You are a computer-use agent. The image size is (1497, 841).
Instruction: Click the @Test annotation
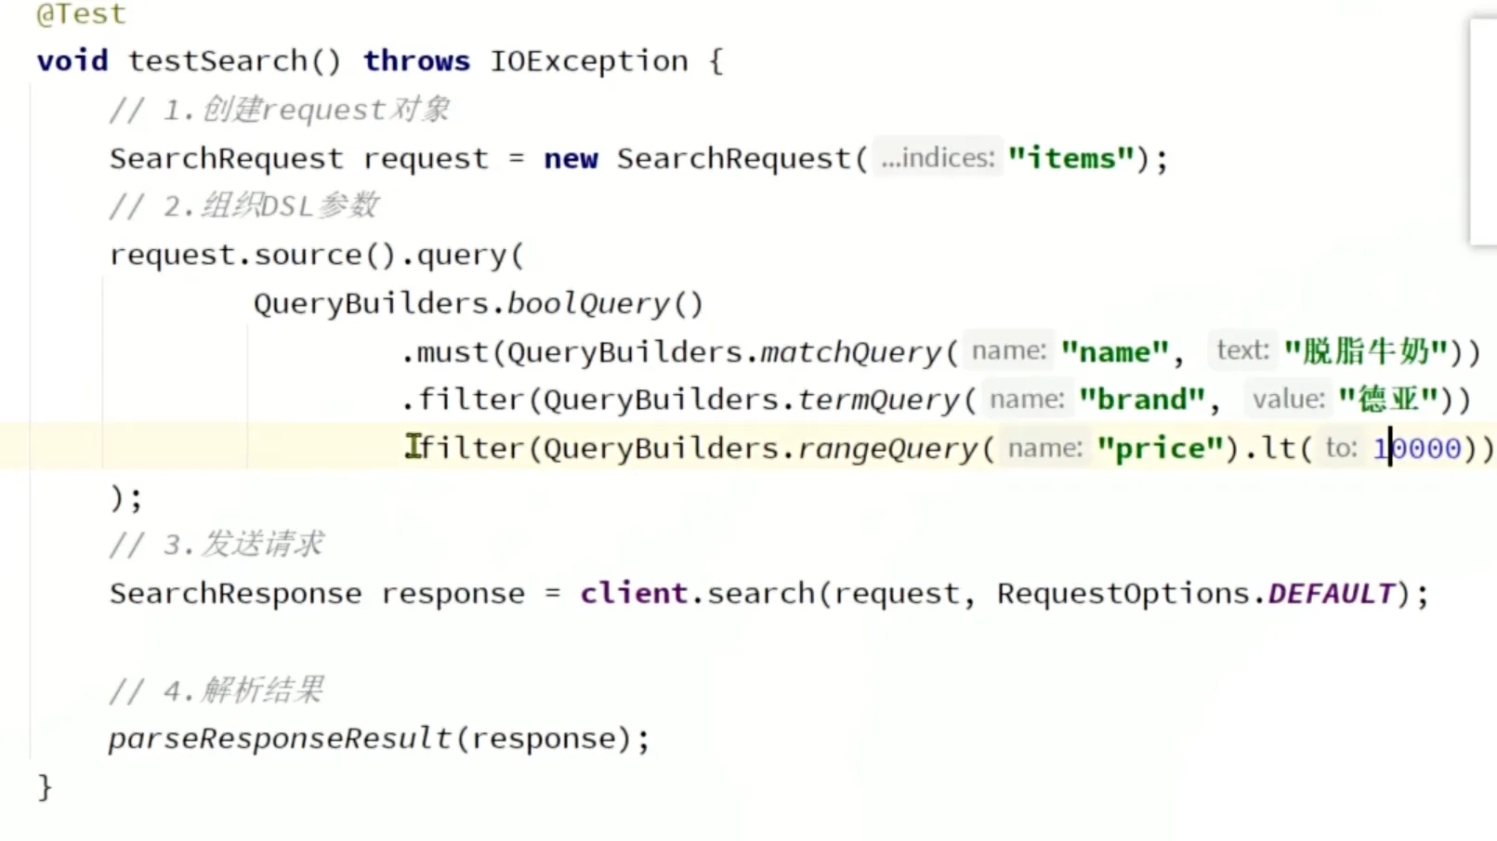click(x=80, y=14)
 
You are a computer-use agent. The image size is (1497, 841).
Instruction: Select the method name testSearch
click(x=217, y=61)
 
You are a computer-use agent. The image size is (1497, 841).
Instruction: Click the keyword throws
click(x=415, y=61)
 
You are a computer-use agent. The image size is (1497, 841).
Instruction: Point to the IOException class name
click(x=588, y=61)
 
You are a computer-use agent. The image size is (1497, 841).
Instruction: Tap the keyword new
click(x=571, y=159)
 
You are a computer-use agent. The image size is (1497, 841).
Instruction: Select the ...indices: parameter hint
click(x=937, y=158)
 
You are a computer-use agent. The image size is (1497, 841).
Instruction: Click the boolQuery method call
click(x=587, y=304)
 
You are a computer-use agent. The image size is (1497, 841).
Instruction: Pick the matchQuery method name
click(x=850, y=352)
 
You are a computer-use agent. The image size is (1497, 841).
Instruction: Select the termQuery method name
click(x=877, y=400)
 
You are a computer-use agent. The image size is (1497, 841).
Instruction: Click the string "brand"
click(x=1142, y=400)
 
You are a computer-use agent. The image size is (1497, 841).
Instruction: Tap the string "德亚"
click(x=1388, y=400)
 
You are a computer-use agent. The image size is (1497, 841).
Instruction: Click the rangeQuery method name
click(x=886, y=449)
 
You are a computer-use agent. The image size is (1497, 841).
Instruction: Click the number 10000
click(x=1417, y=449)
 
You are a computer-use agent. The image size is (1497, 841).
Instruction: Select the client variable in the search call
click(x=634, y=593)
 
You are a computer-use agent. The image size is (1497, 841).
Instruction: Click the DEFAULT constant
click(x=1331, y=593)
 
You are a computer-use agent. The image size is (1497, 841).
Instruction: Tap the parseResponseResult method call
click(x=279, y=739)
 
